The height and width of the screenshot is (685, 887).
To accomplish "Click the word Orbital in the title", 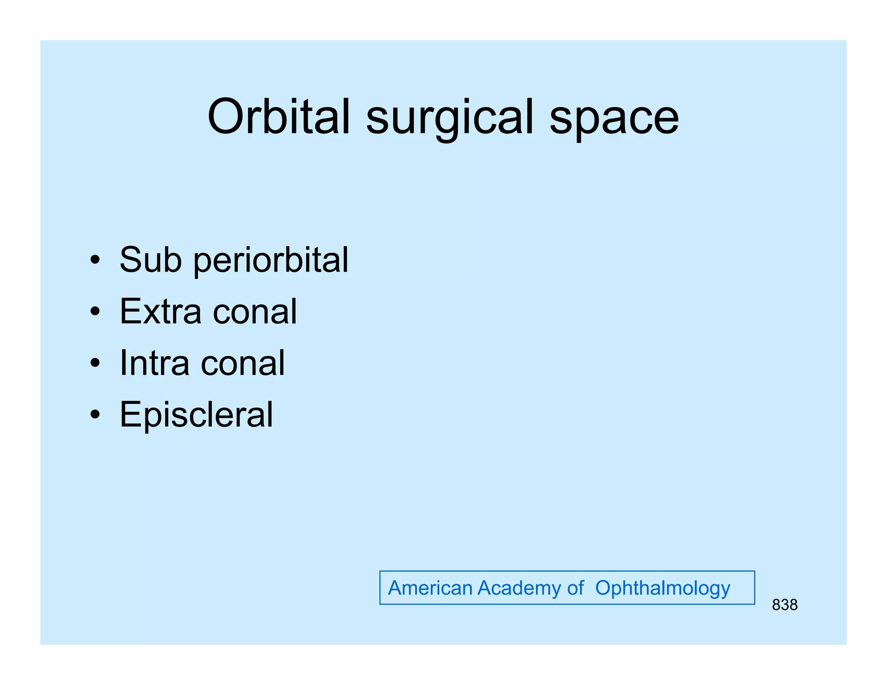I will click(278, 117).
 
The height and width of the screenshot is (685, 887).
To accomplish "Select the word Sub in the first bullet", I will click(150, 259).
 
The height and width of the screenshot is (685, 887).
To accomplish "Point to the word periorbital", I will click(270, 261).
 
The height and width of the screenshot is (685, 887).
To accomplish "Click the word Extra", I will click(160, 311).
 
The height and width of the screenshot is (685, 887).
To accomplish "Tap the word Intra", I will click(154, 363).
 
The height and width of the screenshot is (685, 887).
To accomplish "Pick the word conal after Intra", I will click(243, 363).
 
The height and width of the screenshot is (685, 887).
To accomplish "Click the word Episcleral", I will click(196, 415).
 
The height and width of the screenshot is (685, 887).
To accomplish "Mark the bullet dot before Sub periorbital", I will click(95, 260).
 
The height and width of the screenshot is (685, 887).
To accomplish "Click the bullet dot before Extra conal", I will click(95, 312).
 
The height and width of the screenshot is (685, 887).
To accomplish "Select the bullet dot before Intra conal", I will click(95, 363).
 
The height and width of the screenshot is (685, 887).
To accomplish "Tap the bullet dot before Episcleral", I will click(95, 415).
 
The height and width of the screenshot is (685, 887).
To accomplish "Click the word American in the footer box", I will click(430, 588).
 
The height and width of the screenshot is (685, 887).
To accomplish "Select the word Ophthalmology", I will click(662, 589).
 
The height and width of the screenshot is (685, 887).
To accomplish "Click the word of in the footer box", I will click(575, 588).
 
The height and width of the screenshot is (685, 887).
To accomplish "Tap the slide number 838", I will click(784, 605).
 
